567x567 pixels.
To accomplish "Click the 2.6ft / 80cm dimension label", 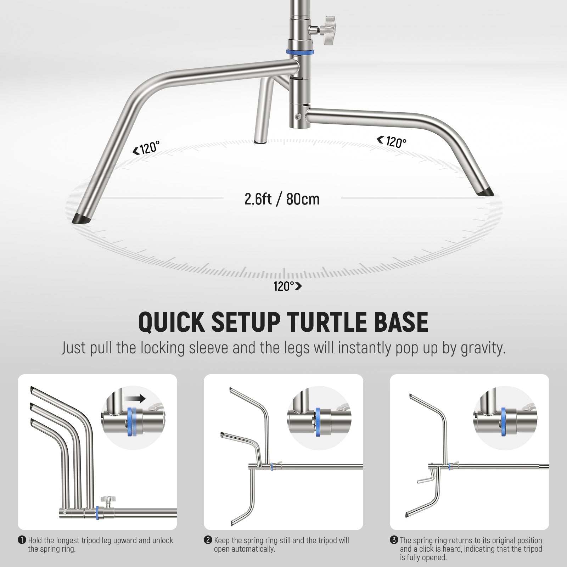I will [282, 199].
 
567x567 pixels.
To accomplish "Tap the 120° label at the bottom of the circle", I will [287, 286].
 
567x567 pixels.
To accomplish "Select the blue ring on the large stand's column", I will [300, 52].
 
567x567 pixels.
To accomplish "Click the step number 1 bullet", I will [22, 540].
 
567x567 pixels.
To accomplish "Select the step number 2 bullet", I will [208, 540].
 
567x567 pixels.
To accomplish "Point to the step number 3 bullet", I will [394, 540].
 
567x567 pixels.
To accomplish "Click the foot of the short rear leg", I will [261, 141].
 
